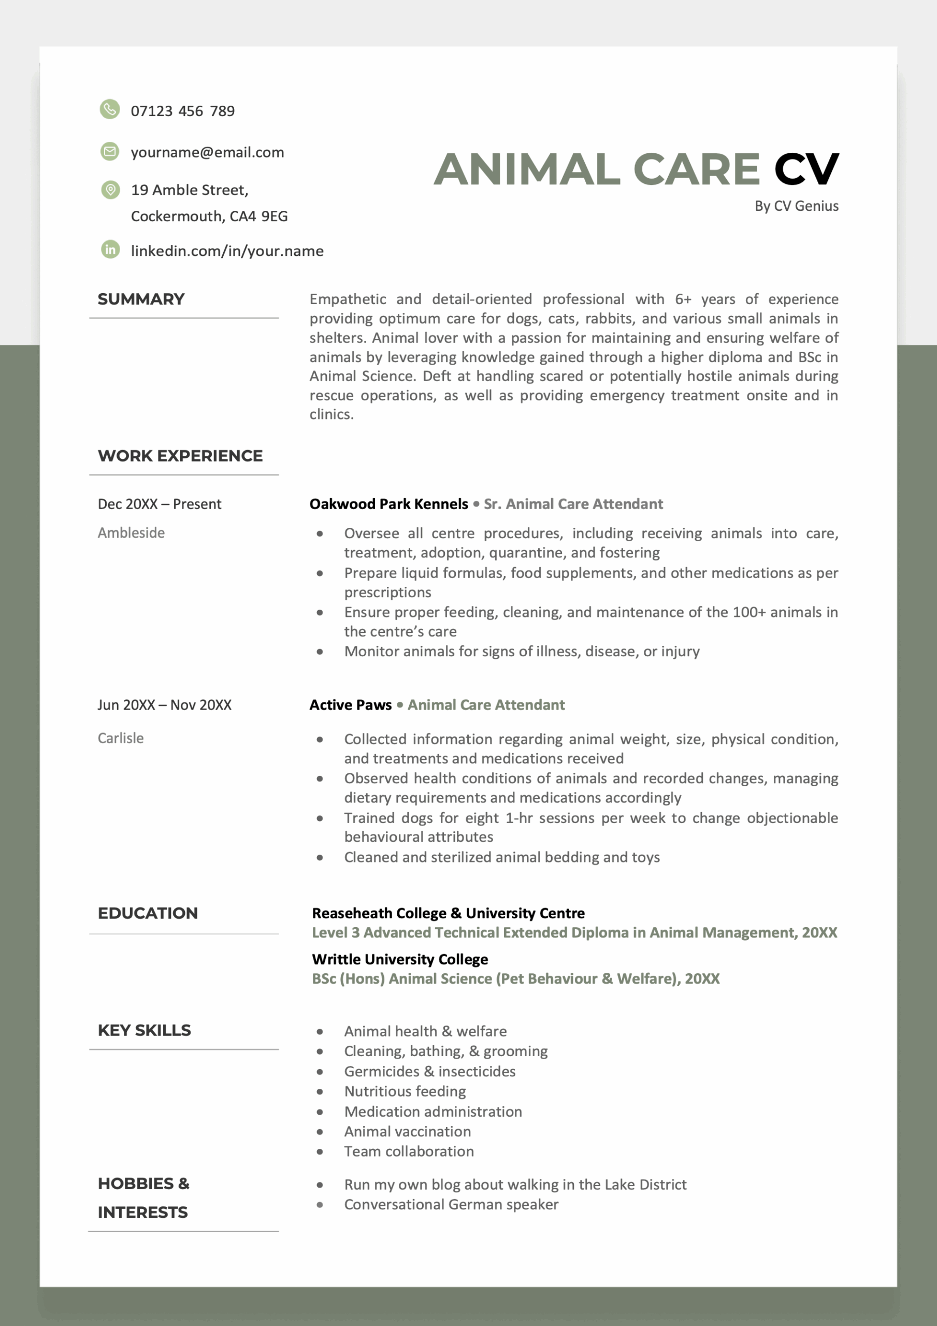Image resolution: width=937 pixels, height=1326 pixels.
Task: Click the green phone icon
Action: point(110,109)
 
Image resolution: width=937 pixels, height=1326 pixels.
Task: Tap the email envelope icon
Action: point(110,151)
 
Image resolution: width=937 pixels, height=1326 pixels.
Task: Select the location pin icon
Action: point(110,190)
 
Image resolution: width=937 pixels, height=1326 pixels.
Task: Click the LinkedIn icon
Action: point(110,250)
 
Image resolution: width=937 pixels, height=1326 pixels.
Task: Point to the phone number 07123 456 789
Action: point(182,111)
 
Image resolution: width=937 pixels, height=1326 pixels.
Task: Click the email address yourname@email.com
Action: point(207,152)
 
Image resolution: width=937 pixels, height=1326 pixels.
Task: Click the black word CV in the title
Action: point(806,169)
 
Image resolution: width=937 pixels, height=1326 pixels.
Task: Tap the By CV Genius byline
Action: point(796,206)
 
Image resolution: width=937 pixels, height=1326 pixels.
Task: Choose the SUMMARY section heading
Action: point(141,299)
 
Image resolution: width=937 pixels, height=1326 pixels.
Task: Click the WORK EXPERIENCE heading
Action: point(180,456)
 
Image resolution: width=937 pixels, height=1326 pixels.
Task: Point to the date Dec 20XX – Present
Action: point(160,504)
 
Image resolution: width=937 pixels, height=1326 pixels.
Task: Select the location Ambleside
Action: point(131,532)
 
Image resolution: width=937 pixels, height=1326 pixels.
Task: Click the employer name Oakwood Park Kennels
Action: point(389,504)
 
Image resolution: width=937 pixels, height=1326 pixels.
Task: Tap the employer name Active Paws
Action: point(351,705)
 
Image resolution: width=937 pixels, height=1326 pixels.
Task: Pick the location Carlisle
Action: point(121,738)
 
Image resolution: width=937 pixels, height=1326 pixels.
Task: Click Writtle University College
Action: point(400,959)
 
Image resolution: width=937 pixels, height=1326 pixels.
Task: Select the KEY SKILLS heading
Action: point(145,1030)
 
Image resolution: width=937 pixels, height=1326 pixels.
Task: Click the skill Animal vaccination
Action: point(407,1131)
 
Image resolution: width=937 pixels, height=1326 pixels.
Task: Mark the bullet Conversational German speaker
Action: point(451,1204)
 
